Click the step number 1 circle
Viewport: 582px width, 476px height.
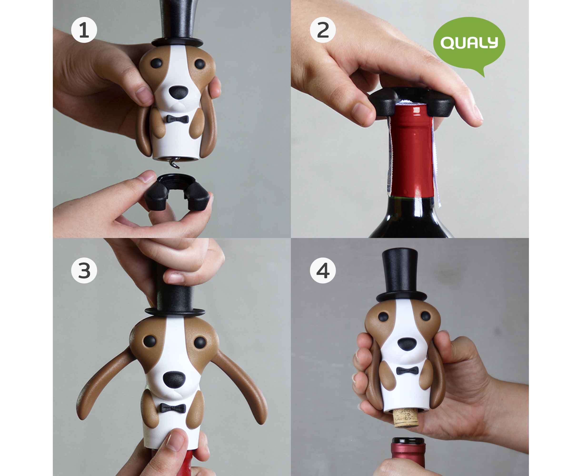point(84,30)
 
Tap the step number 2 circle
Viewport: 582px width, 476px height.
point(323,30)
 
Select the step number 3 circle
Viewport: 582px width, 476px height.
point(84,270)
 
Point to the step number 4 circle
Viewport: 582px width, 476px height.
point(323,270)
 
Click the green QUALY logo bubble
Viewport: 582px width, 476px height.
point(469,44)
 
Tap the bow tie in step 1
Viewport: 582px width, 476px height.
point(177,119)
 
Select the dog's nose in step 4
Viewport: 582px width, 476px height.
point(407,344)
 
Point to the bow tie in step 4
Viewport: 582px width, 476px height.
point(407,371)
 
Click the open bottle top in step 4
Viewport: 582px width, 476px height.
point(408,441)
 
